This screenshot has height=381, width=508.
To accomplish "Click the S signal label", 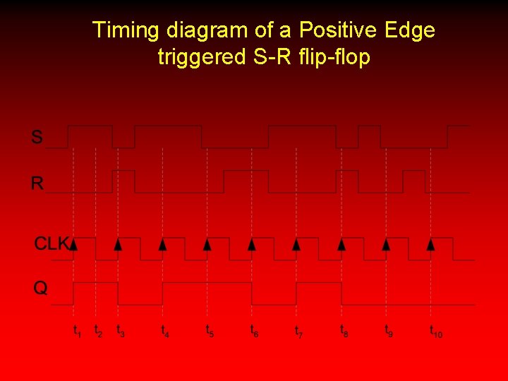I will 37,137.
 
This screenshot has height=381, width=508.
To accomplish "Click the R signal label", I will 37,184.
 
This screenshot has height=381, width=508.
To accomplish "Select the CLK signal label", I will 52,244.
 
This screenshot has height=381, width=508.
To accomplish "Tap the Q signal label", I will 41,289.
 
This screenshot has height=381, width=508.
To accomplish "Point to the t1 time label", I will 78,330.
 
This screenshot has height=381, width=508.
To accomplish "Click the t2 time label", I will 98,330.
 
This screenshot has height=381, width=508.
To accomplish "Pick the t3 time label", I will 121,330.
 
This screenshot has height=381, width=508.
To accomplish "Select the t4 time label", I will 165,330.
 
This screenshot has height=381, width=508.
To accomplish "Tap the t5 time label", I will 210,330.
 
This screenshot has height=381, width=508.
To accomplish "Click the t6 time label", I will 255,330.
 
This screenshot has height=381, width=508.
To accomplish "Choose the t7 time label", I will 299,330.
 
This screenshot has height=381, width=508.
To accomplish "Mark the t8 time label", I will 344,330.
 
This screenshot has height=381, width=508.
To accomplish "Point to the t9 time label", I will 389,330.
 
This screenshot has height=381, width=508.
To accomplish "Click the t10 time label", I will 436,330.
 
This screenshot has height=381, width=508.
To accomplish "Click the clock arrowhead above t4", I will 163,244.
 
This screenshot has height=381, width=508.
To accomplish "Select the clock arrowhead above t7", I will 297,244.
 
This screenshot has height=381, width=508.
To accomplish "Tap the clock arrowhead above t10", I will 431,244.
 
